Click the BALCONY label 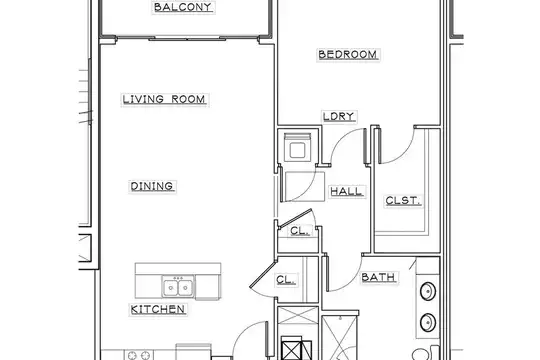(183, 7)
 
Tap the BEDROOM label (348, 54)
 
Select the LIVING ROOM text (164, 99)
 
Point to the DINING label (152, 186)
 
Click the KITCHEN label (158, 309)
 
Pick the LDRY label (339, 116)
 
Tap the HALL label (347, 191)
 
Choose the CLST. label (403, 200)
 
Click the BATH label (378, 277)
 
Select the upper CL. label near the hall (299, 230)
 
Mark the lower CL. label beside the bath (285, 279)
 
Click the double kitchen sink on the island (178, 287)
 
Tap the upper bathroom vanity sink (428, 291)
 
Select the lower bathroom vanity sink (428, 322)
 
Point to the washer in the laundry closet (297, 147)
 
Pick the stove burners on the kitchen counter (138, 355)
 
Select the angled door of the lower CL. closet (263, 274)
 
